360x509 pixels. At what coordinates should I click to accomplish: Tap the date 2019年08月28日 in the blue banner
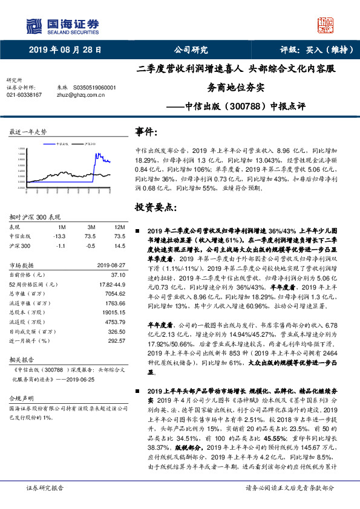(65, 50)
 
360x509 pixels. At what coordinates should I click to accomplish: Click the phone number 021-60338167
(24, 95)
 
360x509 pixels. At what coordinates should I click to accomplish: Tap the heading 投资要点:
(156, 207)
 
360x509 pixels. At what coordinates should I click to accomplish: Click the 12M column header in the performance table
(119, 227)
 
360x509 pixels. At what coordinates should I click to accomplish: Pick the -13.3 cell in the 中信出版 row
(59, 236)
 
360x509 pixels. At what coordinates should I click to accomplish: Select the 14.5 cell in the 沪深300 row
(119, 246)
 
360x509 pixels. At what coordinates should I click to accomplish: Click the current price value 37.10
(117, 274)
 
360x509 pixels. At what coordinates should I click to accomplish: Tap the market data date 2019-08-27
(110, 265)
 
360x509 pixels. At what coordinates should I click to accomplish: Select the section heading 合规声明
(19, 400)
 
